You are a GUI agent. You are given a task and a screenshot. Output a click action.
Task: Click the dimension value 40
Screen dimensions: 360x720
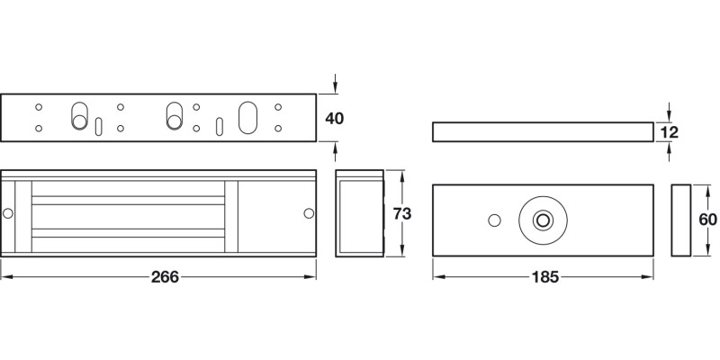coord(335,118)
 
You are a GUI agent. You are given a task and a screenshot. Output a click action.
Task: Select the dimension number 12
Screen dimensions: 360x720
coord(669,132)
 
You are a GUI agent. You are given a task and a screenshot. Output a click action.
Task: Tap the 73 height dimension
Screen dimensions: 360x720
coord(403,213)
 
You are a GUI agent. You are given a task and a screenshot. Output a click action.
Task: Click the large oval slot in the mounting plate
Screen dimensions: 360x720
coord(247,118)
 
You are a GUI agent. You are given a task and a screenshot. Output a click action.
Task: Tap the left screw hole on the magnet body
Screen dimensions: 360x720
coord(8,213)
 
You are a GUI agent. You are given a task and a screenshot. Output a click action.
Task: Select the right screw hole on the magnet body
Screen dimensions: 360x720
coord(309,213)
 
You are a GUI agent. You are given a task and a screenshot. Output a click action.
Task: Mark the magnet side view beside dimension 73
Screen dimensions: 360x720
coord(360,213)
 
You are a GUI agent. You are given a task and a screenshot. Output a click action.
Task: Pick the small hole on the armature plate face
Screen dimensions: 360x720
coord(493,220)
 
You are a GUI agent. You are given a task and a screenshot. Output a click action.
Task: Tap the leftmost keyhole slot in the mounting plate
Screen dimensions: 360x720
coord(78,116)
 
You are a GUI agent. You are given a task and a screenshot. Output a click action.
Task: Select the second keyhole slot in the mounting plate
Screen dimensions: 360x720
coord(174,116)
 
